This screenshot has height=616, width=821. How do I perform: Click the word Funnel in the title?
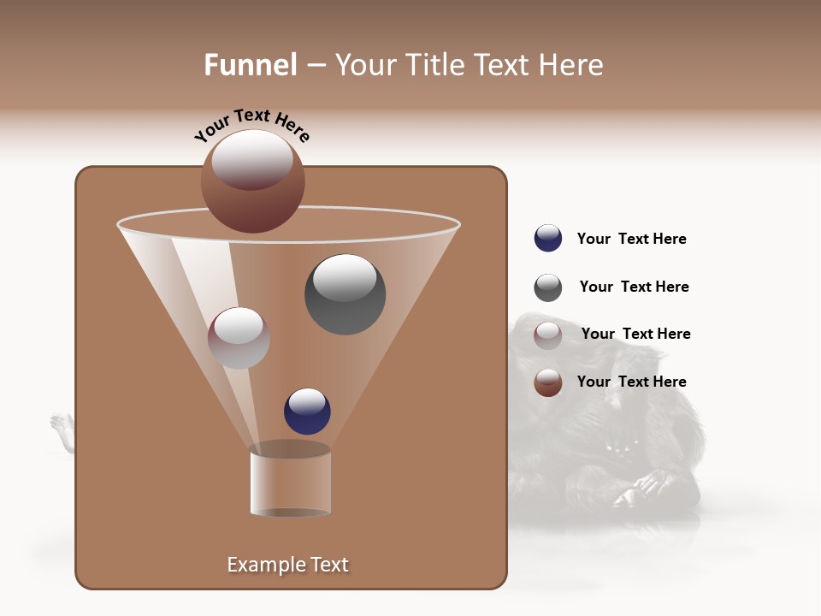point(251,65)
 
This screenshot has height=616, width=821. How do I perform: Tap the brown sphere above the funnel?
point(252,181)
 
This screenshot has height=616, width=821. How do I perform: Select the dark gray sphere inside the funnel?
point(345,294)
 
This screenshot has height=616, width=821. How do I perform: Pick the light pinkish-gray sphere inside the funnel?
point(239,338)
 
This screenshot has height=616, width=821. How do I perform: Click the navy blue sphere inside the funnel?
point(307,411)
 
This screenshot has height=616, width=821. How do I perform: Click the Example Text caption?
point(287,565)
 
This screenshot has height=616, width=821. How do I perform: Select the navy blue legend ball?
point(547,238)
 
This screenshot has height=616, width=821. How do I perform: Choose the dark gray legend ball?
point(547,287)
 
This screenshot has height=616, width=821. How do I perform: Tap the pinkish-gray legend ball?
point(547,335)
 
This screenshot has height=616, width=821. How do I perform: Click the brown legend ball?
point(547,382)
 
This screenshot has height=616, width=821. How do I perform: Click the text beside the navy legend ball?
point(631,239)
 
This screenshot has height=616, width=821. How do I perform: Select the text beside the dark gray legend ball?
point(634,287)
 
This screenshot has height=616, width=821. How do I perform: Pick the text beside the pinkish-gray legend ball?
point(635,334)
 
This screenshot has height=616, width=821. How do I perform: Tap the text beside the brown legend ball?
point(631,382)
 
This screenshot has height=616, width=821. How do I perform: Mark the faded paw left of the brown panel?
point(61,424)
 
